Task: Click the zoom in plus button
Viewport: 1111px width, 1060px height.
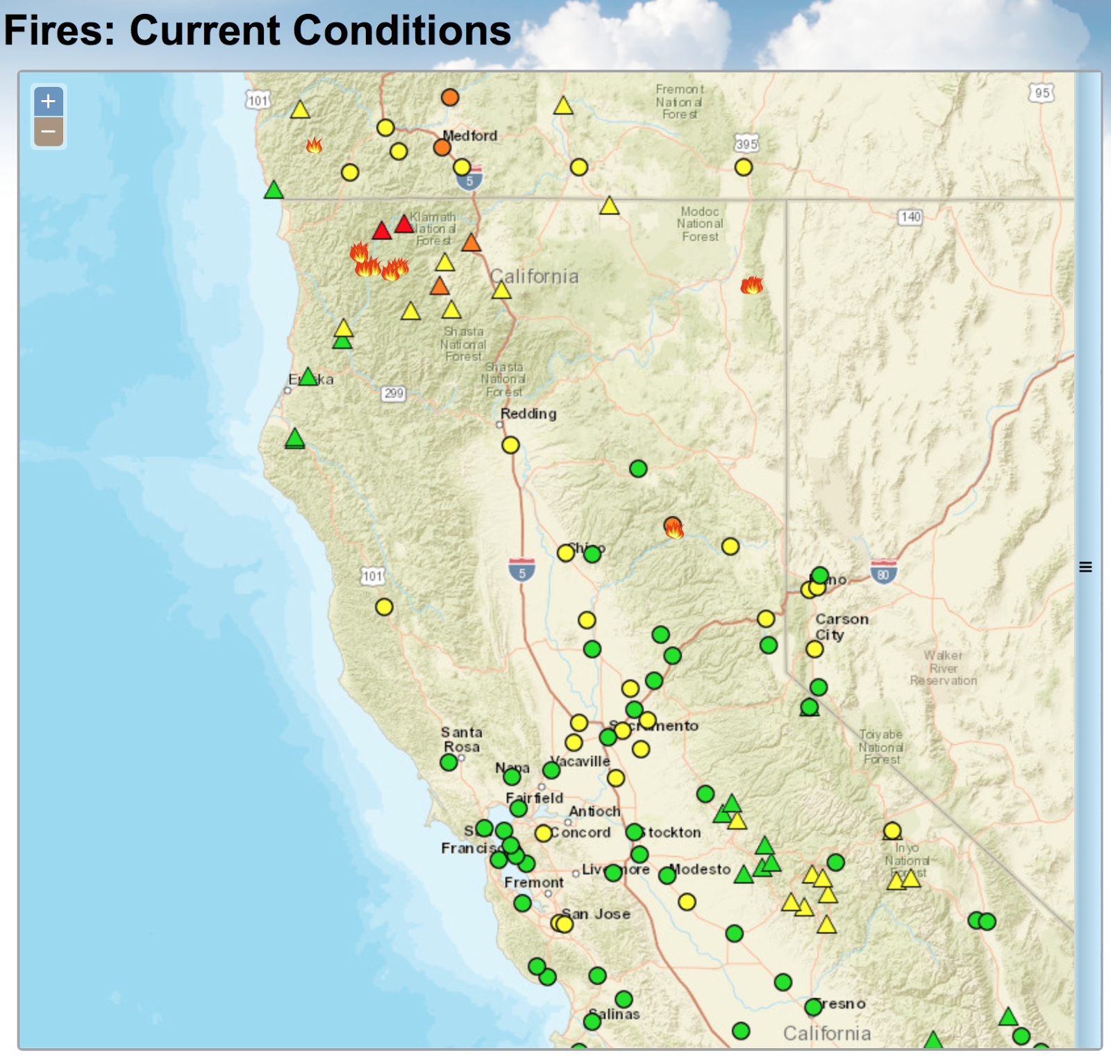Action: (49, 101)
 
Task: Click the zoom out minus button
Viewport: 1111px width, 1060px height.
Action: (49, 131)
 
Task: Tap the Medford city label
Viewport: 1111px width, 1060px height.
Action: (470, 135)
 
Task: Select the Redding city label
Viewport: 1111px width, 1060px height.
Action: (528, 413)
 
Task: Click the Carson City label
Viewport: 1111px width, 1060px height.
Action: (841, 627)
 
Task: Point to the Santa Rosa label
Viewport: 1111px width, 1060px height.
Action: (462, 739)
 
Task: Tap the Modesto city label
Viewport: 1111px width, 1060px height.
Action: (700, 869)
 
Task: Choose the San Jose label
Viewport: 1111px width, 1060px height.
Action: (596, 914)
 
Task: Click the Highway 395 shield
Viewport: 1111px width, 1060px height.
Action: (746, 144)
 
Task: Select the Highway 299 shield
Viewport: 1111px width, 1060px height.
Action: (394, 393)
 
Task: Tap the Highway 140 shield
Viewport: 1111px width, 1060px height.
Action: (910, 217)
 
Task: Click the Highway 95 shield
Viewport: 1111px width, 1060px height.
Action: (1042, 93)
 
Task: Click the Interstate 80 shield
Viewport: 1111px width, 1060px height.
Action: (883, 572)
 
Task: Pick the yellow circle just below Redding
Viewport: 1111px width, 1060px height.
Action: (510, 445)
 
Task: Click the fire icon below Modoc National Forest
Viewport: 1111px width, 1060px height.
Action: (751, 285)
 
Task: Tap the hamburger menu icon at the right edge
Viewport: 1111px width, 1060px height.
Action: (1085, 567)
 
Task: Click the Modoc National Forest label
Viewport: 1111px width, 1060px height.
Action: (700, 224)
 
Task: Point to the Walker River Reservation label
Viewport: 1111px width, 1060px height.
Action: (943, 668)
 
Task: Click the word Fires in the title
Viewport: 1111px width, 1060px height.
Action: (59, 31)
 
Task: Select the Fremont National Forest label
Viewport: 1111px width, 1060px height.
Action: (680, 101)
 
